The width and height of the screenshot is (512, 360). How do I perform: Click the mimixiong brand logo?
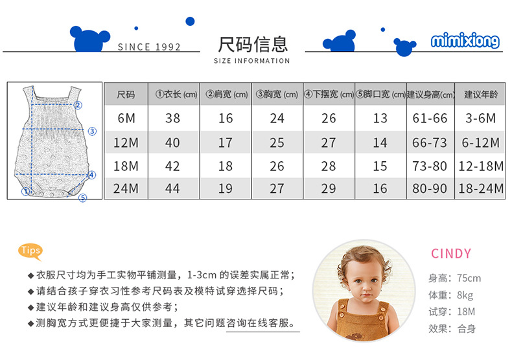465,42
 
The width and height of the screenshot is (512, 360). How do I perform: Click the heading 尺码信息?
253,44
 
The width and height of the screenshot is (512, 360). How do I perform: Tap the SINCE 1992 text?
149,47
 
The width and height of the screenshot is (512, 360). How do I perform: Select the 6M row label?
126,118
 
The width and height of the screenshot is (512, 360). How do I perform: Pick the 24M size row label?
126,188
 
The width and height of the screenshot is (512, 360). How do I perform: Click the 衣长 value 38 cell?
172,118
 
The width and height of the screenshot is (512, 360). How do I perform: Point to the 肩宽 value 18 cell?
225,166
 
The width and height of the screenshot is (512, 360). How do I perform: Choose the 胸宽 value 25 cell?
277,142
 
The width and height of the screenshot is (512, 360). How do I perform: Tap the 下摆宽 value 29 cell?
329,188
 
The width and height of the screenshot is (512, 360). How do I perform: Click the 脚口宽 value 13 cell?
380,118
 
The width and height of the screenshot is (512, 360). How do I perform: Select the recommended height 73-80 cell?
430,166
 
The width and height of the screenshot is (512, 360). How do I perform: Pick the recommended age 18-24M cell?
481,188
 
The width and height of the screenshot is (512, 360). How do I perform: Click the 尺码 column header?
126,95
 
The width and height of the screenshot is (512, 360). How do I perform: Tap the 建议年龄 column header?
481,95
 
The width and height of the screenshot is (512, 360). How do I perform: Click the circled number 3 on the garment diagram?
92,131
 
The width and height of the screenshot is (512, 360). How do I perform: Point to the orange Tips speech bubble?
30,251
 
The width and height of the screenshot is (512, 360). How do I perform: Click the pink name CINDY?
451,254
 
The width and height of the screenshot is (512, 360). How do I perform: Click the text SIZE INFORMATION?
251,61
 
